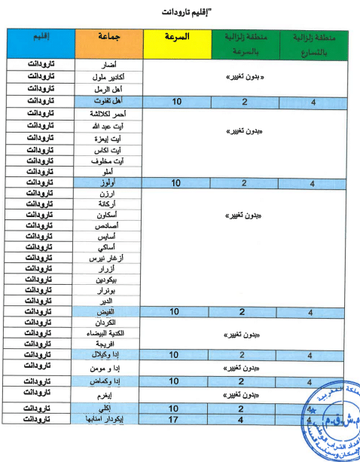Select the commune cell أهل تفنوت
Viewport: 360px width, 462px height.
coord(112,100)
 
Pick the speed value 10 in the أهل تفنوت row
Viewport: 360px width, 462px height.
coord(178,100)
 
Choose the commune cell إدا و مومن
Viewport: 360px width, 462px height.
coord(113,369)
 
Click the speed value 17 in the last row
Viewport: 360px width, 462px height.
coord(178,418)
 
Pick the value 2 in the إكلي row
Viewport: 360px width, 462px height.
coord(244,407)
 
